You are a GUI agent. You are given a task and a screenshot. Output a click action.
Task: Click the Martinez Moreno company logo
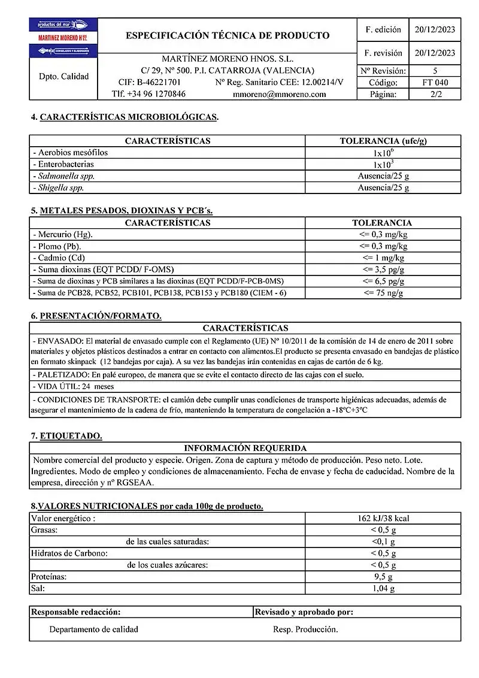(x=63, y=38)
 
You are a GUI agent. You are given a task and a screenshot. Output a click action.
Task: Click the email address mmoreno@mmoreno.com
(x=279, y=94)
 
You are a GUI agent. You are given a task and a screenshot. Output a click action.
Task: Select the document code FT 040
(x=435, y=83)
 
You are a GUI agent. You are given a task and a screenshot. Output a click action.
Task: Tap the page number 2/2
(x=435, y=94)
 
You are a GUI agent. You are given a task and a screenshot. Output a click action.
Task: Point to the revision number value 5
(x=435, y=71)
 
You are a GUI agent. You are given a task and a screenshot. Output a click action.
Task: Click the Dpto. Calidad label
(x=63, y=77)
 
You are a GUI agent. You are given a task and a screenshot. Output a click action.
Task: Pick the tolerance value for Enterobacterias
(x=383, y=164)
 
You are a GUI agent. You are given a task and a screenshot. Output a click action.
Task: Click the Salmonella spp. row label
(x=65, y=176)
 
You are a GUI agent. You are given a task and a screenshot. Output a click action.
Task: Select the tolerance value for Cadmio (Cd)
(x=383, y=258)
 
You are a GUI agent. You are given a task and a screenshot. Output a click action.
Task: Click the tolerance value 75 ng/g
(x=383, y=293)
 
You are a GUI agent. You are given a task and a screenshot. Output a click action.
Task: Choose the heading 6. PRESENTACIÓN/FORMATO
(x=96, y=316)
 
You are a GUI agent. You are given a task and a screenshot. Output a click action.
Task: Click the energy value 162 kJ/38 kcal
(x=383, y=518)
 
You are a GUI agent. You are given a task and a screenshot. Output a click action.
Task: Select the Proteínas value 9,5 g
(x=383, y=577)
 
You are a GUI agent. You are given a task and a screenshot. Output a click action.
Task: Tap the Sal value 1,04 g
(x=383, y=589)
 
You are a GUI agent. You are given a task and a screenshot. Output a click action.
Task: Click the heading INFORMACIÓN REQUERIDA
(x=245, y=448)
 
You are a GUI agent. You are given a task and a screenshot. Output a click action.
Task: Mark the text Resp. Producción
(x=305, y=629)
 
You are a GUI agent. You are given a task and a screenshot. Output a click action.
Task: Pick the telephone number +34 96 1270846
(x=148, y=94)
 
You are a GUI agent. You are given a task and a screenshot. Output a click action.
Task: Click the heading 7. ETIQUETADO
(x=66, y=436)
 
